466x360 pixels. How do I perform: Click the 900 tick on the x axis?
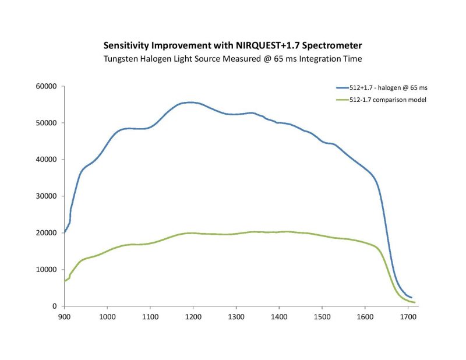point(64,317)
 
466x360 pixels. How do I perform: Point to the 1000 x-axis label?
point(107,317)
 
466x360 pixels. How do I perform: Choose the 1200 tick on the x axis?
point(193,317)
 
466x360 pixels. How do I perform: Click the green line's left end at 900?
point(65,281)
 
